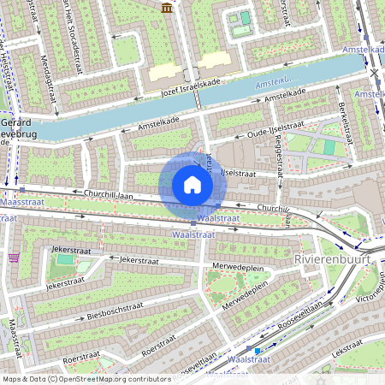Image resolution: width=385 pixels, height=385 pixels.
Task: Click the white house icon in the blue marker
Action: pyautogui.click(x=192, y=184)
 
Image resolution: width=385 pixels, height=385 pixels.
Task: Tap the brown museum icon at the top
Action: pyautogui.click(x=165, y=8)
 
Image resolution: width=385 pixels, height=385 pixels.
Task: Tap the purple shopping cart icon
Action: pyautogui.click(x=14, y=256)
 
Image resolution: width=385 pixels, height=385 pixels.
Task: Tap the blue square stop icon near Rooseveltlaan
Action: pyautogui.click(x=258, y=350)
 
